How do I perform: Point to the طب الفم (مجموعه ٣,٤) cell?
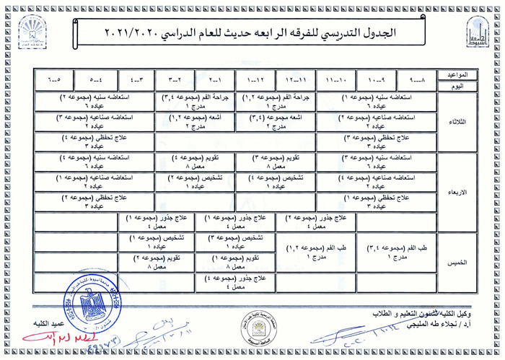[x=396, y=252]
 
